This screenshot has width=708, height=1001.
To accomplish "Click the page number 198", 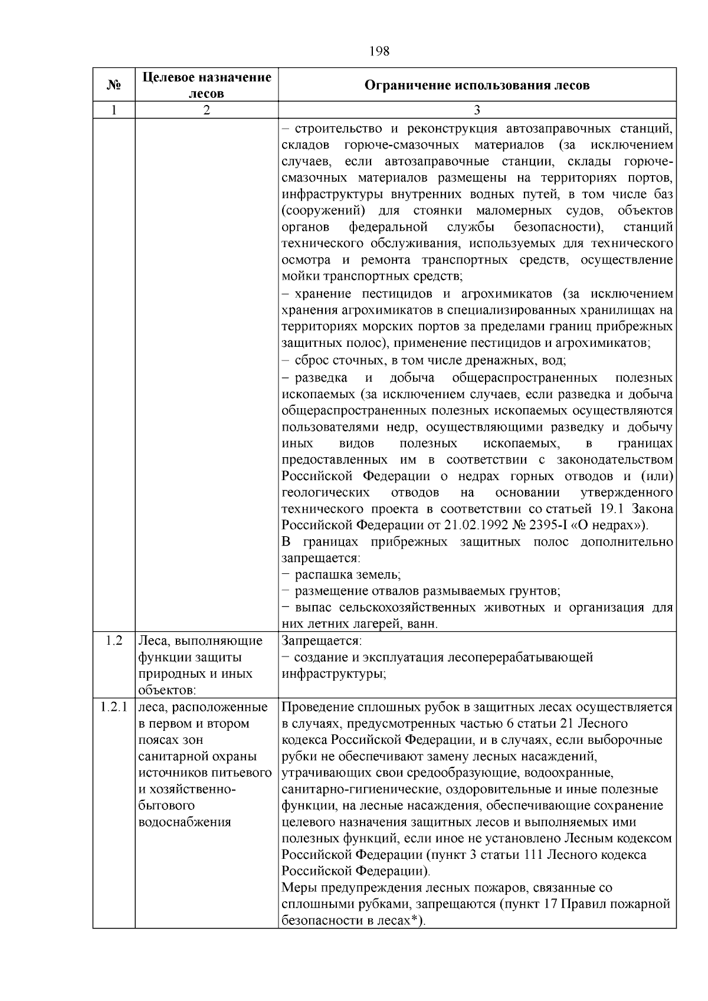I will (379, 51).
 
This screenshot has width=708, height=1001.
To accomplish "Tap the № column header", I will (114, 86).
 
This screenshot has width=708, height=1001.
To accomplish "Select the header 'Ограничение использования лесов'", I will (477, 86).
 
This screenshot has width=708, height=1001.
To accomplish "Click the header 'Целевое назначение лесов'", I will (206, 85).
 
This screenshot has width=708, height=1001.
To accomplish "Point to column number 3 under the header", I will (477, 110).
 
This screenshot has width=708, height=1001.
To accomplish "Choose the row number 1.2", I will (114, 641).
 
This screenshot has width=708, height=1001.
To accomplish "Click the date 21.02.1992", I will (477, 525).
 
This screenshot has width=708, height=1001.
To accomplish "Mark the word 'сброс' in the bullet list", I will (310, 360).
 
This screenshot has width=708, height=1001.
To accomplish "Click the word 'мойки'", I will (299, 277).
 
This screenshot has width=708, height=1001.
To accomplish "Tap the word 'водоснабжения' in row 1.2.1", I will (184, 822).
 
